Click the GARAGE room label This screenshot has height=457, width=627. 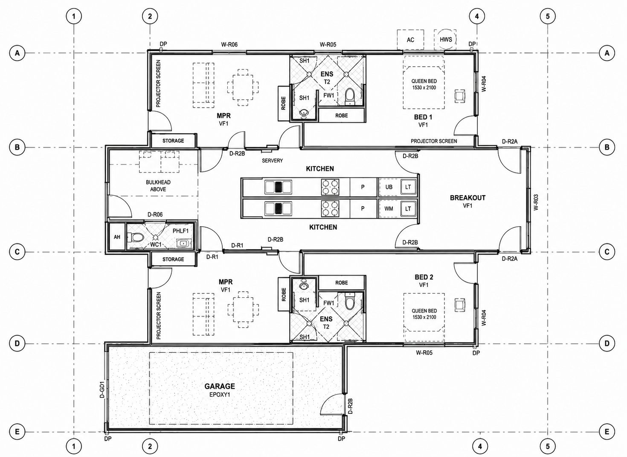(x=219, y=386)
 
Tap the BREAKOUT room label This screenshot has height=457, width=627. (x=467, y=198)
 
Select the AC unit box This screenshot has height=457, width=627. (x=410, y=40)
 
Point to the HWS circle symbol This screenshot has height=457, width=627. (x=446, y=39)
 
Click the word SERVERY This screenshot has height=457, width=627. (x=273, y=161)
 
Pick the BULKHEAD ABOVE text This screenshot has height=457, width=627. (x=158, y=186)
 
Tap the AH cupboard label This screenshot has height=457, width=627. (x=117, y=237)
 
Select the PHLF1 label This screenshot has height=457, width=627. (x=180, y=231)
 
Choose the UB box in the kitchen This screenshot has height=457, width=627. (x=389, y=187)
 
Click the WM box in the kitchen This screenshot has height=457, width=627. (x=389, y=208)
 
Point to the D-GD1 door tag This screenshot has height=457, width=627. (x=102, y=389)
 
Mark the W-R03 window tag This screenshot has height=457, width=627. (x=536, y=202)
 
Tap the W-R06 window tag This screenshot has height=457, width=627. (x=229, y=44)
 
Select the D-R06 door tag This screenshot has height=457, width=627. (x=155, y=214)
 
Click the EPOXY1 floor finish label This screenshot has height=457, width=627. (x=220, y=395)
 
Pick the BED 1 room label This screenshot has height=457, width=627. (x=423, y=117)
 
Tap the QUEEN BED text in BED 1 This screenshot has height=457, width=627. (x=424, y=81)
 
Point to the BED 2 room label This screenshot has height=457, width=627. (x=424, y=277)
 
